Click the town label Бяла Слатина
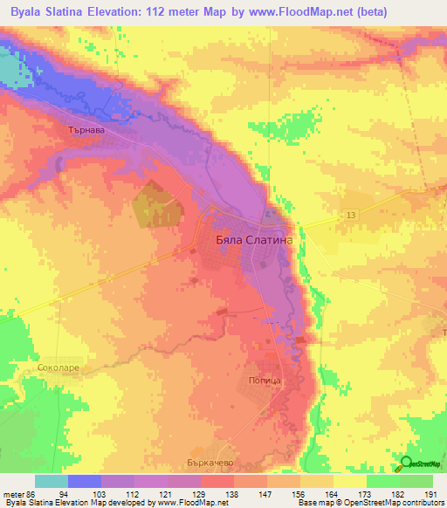point(254,237)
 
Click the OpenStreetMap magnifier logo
point(407,463)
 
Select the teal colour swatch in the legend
point(52,481)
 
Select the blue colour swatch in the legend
point(85,481)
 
